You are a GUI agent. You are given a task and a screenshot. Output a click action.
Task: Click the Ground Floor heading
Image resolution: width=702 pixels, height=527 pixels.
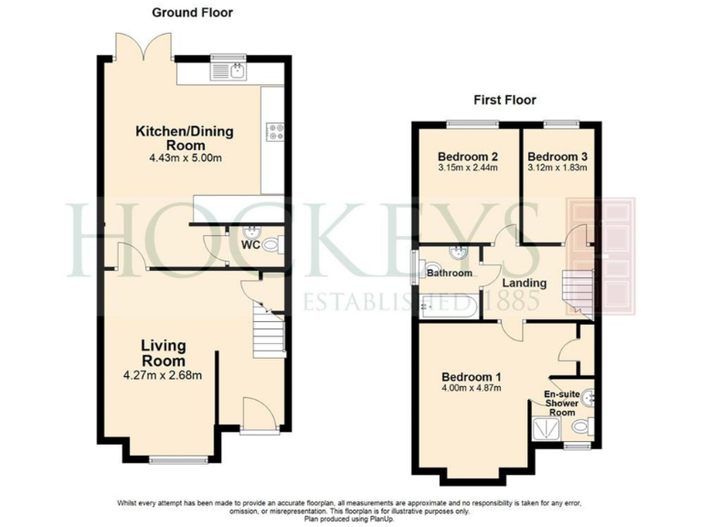[192, 13]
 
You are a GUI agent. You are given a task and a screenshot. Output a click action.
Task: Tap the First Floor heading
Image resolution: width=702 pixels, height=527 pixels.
[505, 100]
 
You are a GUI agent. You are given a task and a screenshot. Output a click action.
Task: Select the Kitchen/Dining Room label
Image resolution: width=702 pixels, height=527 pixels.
[185, 138]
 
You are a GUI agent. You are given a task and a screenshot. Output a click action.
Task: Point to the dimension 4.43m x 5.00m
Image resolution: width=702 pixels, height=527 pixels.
[185, 158]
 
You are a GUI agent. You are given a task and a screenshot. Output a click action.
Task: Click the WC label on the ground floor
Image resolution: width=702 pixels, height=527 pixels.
[250, 245]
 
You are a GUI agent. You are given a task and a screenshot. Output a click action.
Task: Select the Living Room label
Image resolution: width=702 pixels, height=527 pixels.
[164, 352]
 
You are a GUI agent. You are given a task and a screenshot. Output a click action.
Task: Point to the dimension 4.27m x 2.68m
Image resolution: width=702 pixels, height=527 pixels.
[164, 373]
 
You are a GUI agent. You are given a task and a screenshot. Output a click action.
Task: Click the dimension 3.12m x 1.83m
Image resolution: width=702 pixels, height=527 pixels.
[557, 167]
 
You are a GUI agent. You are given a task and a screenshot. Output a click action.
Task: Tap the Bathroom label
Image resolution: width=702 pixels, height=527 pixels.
[451, 274]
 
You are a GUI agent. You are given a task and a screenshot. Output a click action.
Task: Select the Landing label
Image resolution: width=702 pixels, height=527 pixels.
[525, 284]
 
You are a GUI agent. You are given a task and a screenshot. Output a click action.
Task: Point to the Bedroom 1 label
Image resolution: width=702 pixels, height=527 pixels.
[472, 377]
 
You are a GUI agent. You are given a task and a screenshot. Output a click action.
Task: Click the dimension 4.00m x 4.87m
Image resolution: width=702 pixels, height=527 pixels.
[472, 390]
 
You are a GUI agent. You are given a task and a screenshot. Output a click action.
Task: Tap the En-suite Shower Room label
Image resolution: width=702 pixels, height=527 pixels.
[561, 403]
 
